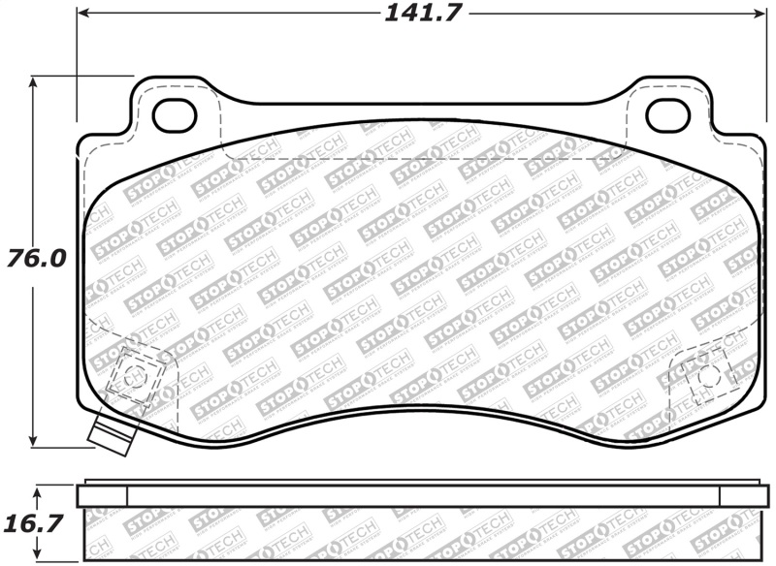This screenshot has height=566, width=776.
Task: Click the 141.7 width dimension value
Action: tap(425, 14)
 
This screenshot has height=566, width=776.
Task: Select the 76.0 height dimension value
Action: tap(36, 260)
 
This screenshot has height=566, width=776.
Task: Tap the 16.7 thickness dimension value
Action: tap(36, 523)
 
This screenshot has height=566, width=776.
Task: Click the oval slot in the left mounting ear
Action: tap(175, 115)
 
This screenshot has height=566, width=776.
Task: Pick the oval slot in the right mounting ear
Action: tap(667, 115)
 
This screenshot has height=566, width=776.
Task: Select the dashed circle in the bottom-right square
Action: tap(707, 374)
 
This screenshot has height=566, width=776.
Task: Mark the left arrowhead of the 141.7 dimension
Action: tap(83, 14)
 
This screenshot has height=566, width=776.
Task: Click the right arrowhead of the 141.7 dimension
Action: tap(760, 14)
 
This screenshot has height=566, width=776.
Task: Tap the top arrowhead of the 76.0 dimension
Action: tap(36, 82)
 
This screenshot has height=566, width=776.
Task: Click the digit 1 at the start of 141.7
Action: tap(392, 14)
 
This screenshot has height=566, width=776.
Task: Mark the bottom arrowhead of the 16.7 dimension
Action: tap(36, 559)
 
